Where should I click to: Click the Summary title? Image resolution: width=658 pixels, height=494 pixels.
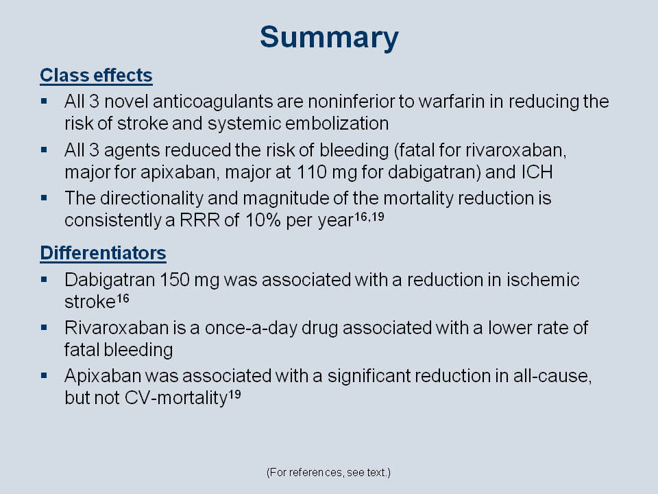click(x=329, y=38)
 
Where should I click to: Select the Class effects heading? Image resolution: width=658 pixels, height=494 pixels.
click(x=96, y=75)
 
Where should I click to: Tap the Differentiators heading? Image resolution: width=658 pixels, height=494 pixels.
click(x=103, y=253)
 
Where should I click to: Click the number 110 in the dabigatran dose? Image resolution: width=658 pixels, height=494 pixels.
click(x=312, y=172)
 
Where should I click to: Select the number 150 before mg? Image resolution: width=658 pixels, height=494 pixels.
click(x=175, y=280)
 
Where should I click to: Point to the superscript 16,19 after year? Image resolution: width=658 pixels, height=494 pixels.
click(x=369, y=217)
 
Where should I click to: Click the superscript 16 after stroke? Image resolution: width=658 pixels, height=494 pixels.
click(x=123, y=298)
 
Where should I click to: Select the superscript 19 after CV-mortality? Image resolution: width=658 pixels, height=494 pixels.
click(x=234, y=395)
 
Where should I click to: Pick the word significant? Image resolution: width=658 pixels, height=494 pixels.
click(x=369, y=376)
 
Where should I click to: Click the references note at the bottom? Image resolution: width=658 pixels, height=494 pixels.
click(x=328, y=473)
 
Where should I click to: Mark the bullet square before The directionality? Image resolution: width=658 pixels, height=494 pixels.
click(x=44, y=198)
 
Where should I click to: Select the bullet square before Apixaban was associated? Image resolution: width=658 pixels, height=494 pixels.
click(x=44, y=375)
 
